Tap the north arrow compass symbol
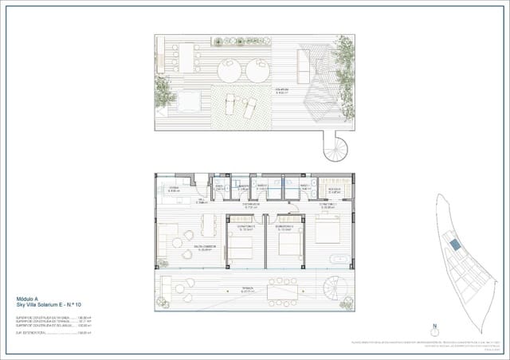pos(434,327)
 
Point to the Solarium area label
pos(283,90)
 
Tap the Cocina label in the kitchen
pos(174,190)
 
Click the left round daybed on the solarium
pos(226,69)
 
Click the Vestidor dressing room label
pos(334,190)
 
